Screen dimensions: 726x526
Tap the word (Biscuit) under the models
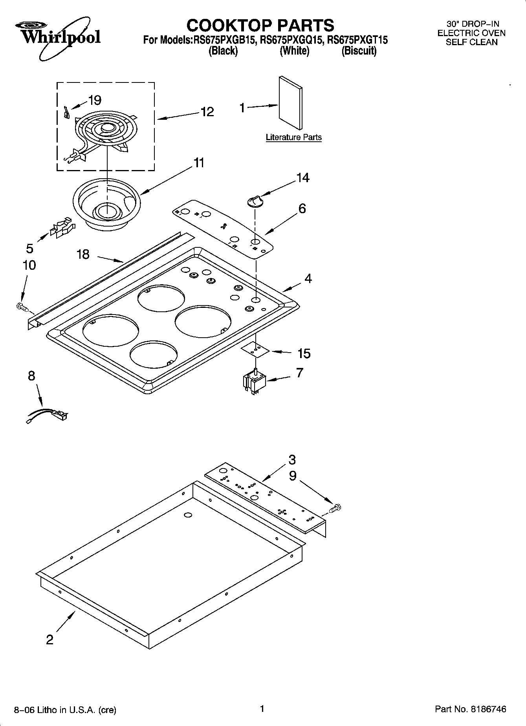click(359, 51)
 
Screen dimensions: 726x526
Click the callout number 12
click(207, 112)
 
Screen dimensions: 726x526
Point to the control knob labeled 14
click(254, 201)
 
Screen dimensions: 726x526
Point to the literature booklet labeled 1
click(291, 103)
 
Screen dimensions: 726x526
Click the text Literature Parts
click(293, 137)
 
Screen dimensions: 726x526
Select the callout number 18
click(83, 254)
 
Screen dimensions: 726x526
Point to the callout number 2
click(49, 640)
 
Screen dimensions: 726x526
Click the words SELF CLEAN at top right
click(471, 42)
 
